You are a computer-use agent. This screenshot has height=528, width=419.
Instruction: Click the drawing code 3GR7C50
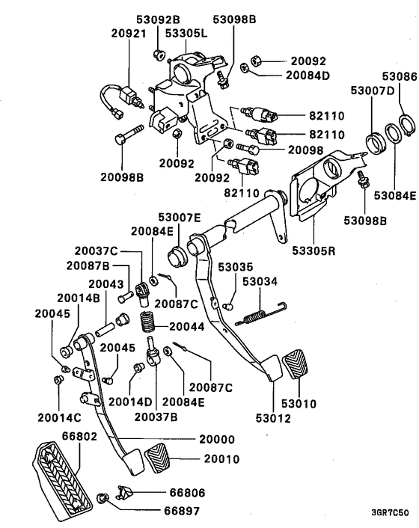click(x=390, y=513)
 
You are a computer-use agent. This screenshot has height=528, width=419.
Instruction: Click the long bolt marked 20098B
click(x=129, y=140)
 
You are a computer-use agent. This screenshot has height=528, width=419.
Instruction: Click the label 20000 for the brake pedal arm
click(x=215, y=440)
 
